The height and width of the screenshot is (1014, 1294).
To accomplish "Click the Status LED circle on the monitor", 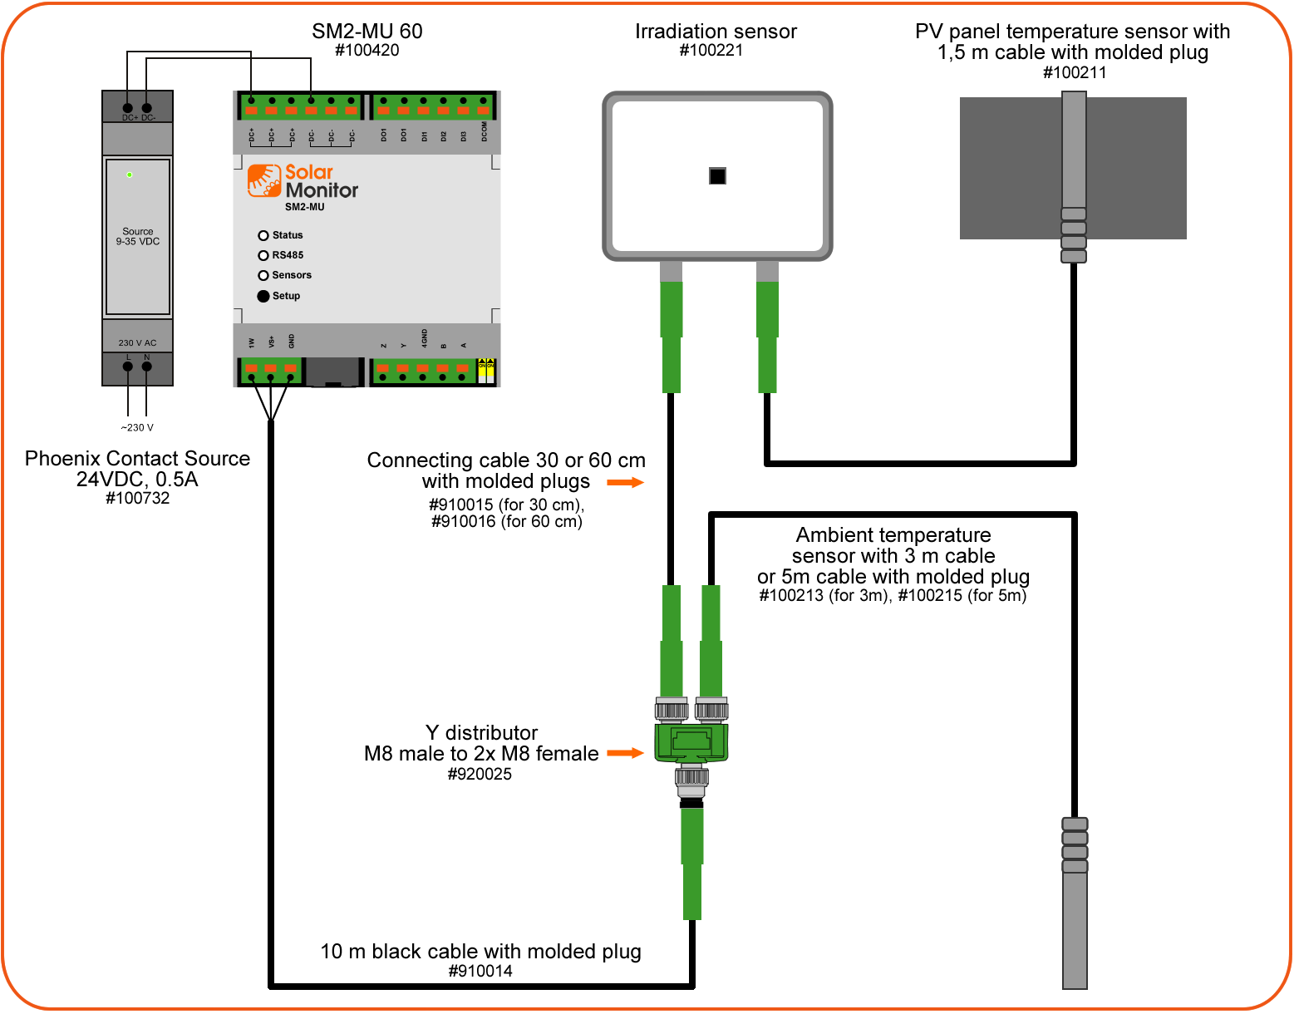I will click(263, 236).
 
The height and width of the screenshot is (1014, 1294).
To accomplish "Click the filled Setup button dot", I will click(263, 296).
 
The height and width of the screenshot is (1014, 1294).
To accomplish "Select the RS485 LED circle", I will click(263, 256).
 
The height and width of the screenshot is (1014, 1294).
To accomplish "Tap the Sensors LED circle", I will click(263, 276).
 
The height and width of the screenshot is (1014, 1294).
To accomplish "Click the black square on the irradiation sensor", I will click(717, 176).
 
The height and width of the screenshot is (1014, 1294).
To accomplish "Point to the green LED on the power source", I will click(129, 175).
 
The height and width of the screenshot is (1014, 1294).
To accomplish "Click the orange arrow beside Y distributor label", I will click(625, 753).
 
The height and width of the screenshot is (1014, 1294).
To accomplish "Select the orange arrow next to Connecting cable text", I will click(625, 482).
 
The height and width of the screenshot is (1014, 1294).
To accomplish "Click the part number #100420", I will click(367, 51).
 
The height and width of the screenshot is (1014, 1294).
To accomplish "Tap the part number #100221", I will click(711, 51).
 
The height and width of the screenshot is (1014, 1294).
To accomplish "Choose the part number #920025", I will click(480, 775).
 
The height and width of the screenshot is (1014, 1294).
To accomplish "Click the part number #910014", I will click(480, 972).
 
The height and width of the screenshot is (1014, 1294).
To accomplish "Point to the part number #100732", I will click(137, 499).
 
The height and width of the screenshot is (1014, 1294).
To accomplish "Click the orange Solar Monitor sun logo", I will click(264, 181).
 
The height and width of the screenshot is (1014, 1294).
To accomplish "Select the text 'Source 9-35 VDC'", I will click(138, 237).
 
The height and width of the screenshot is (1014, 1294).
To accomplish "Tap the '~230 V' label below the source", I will click(137, 428).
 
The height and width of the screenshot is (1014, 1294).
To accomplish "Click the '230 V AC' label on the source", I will click(137, 342).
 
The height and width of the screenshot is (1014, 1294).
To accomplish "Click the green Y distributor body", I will click(691, 742).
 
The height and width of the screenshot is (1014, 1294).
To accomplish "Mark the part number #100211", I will click(1075, 73).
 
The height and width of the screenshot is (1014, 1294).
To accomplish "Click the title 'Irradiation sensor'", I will click(716, 32).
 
